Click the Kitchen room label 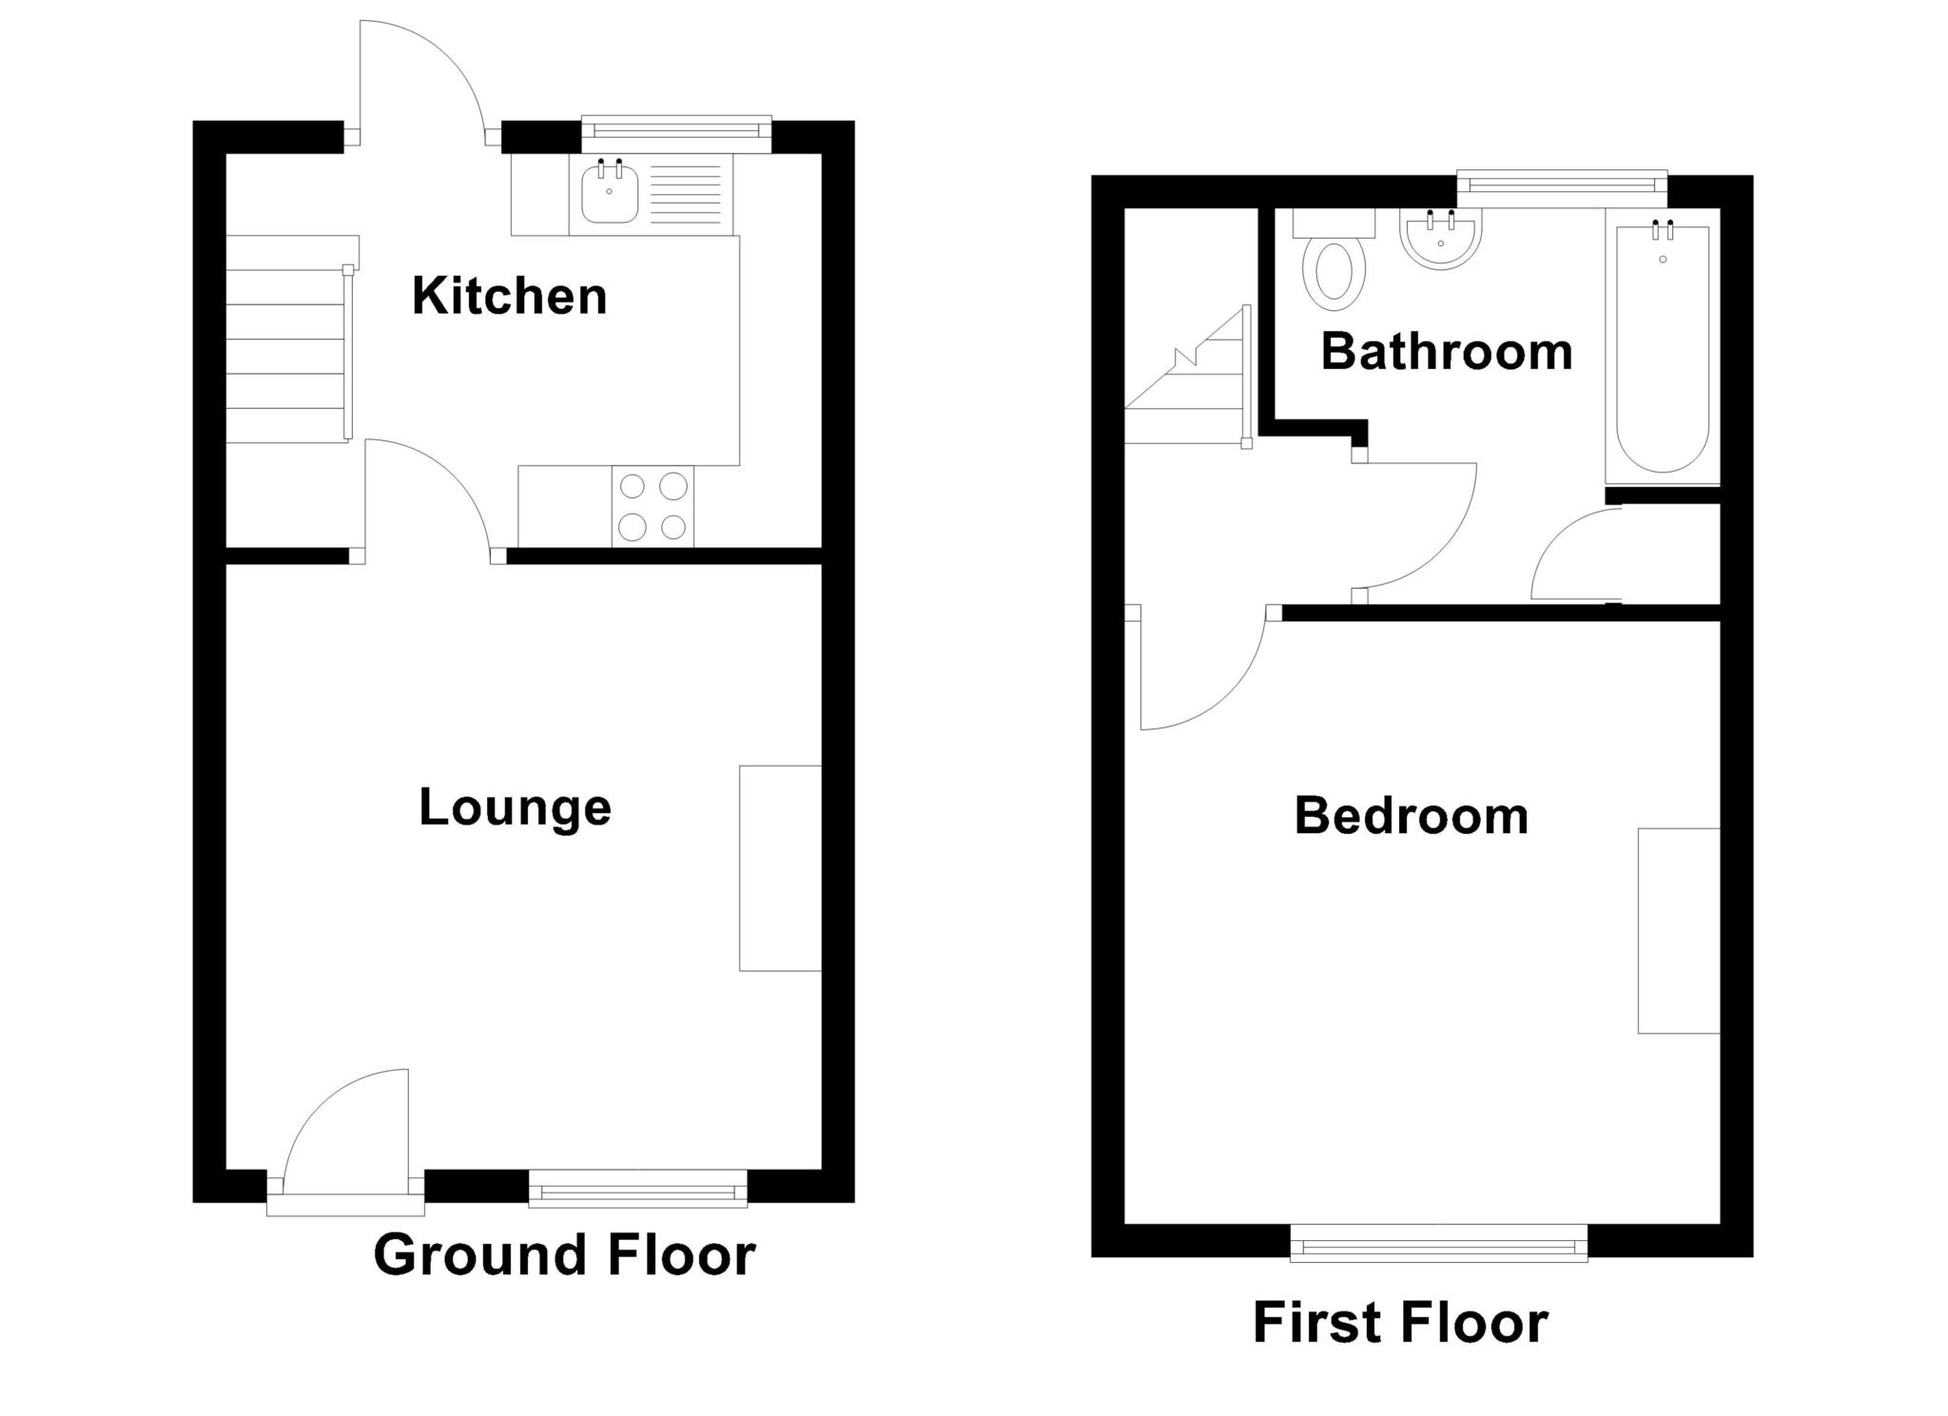point(509,296)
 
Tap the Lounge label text point(515,808)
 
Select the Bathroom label point(1446,352)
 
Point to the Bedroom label point(1411,816)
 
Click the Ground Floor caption point(564,1254)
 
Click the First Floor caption point(1400,1322)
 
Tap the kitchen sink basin point(609,194)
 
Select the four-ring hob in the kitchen point(653,506)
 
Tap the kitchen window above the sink point(675,133)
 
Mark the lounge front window point(637,1189)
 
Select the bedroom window point(1438,1244)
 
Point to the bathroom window point(1562,187)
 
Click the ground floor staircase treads point(285,357)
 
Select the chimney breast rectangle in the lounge point(780,867)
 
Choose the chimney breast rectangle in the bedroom point(1678,930)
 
